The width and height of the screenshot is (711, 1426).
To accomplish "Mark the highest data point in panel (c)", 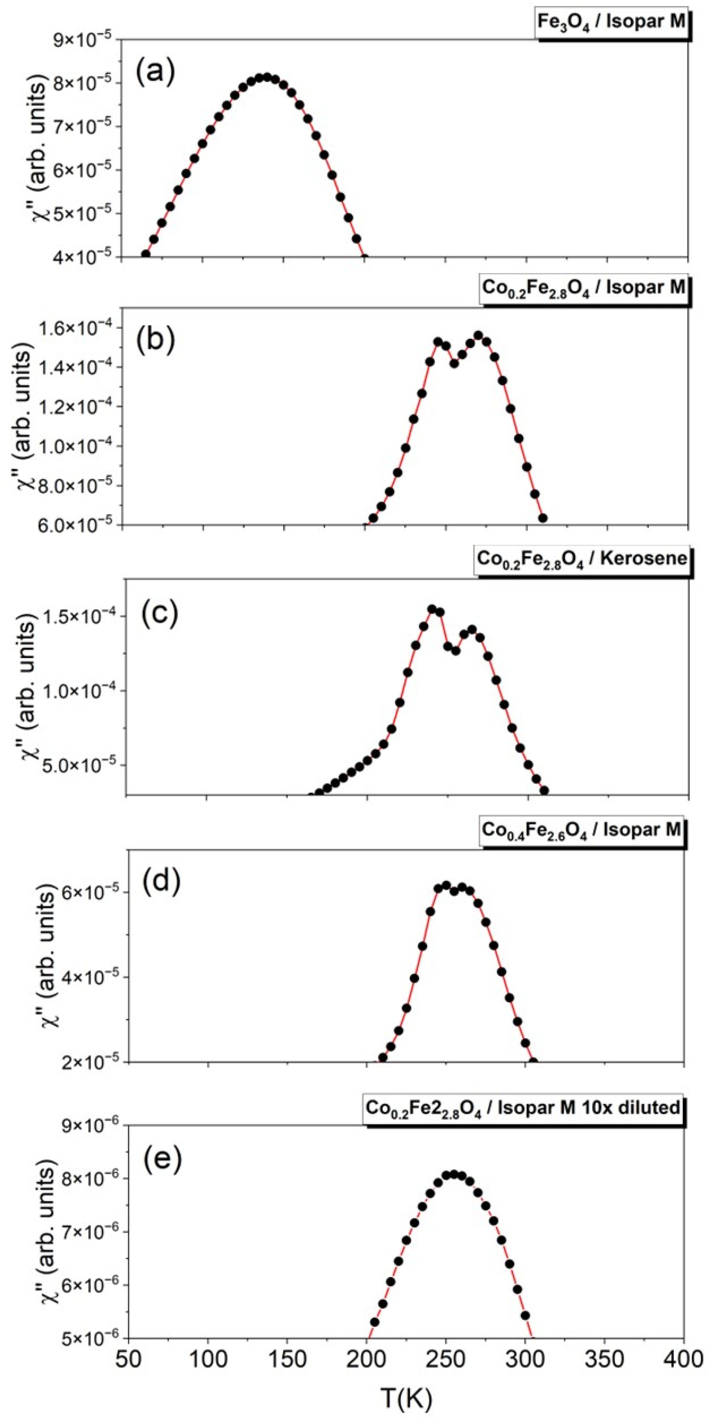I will tap(432, 609).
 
